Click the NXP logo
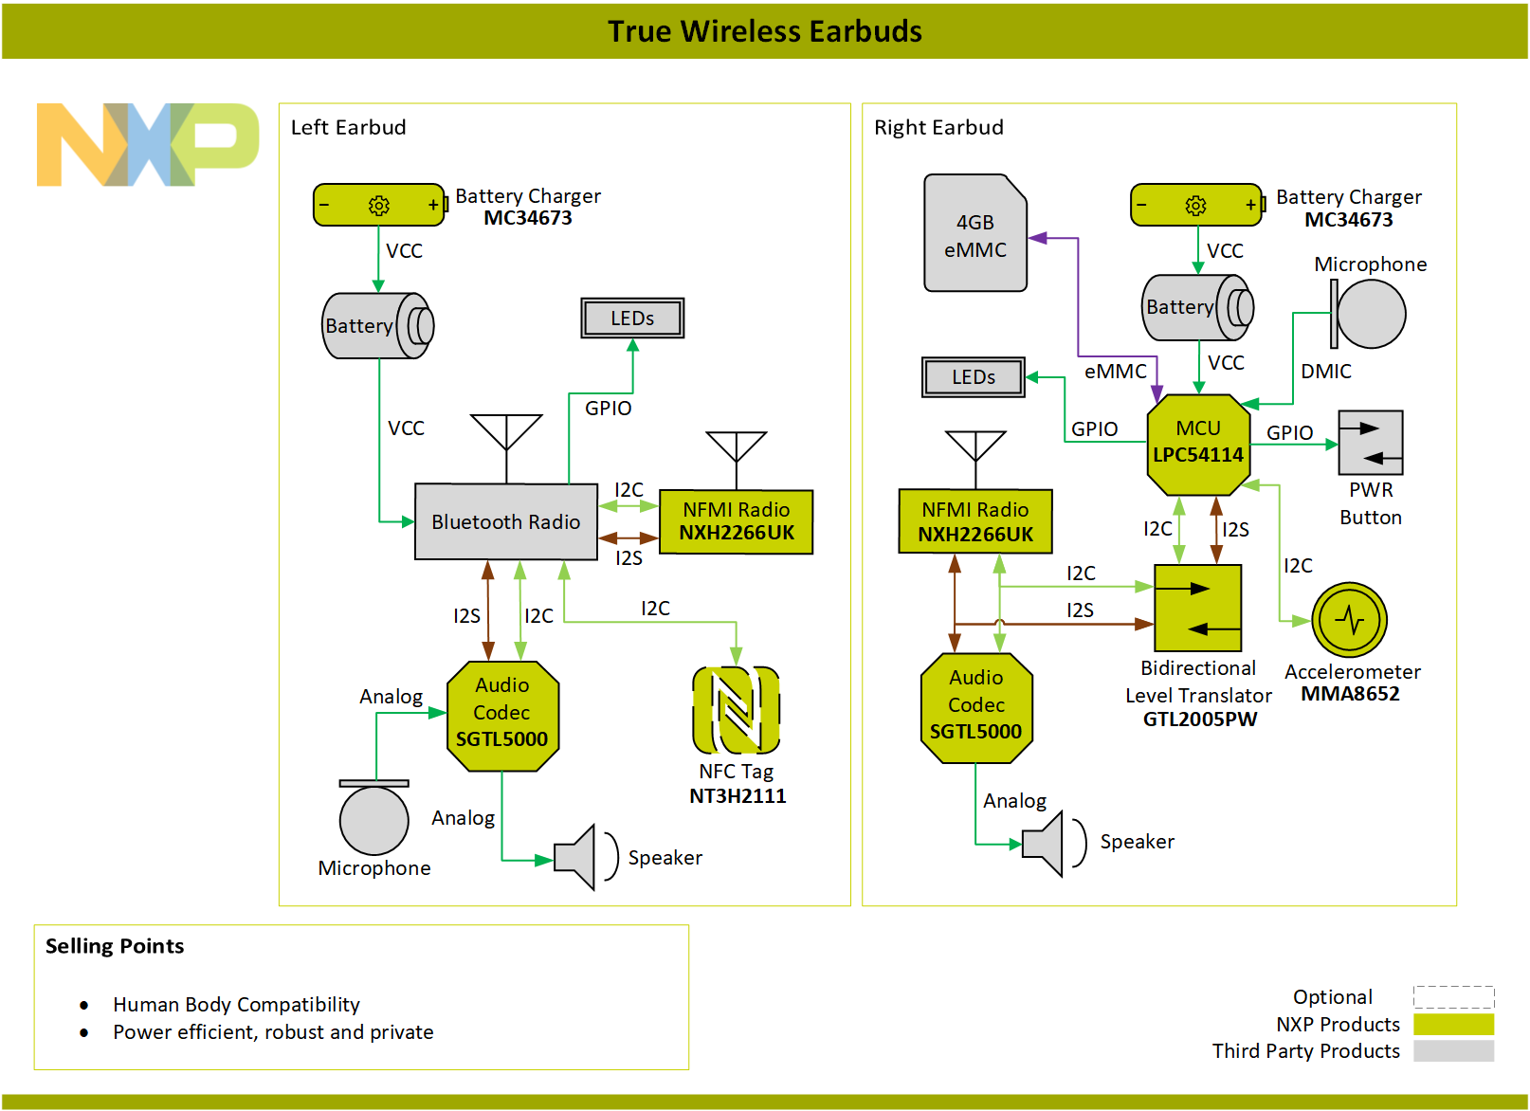147,144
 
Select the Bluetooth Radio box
505,521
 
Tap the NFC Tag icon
737,710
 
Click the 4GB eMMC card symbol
974,234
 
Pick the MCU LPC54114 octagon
1198,444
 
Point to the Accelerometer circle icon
1349,620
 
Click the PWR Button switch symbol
1370,443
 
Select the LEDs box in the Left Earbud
632,319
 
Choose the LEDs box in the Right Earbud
974,377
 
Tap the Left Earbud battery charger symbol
379,205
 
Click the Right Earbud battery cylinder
1196,307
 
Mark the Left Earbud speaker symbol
576,857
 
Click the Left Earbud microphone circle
374,819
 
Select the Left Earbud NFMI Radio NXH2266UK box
736,521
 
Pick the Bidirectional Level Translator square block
1197,608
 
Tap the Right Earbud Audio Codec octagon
976,707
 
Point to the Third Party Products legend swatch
1453,1050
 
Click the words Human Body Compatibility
236,1004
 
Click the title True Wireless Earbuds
764,31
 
